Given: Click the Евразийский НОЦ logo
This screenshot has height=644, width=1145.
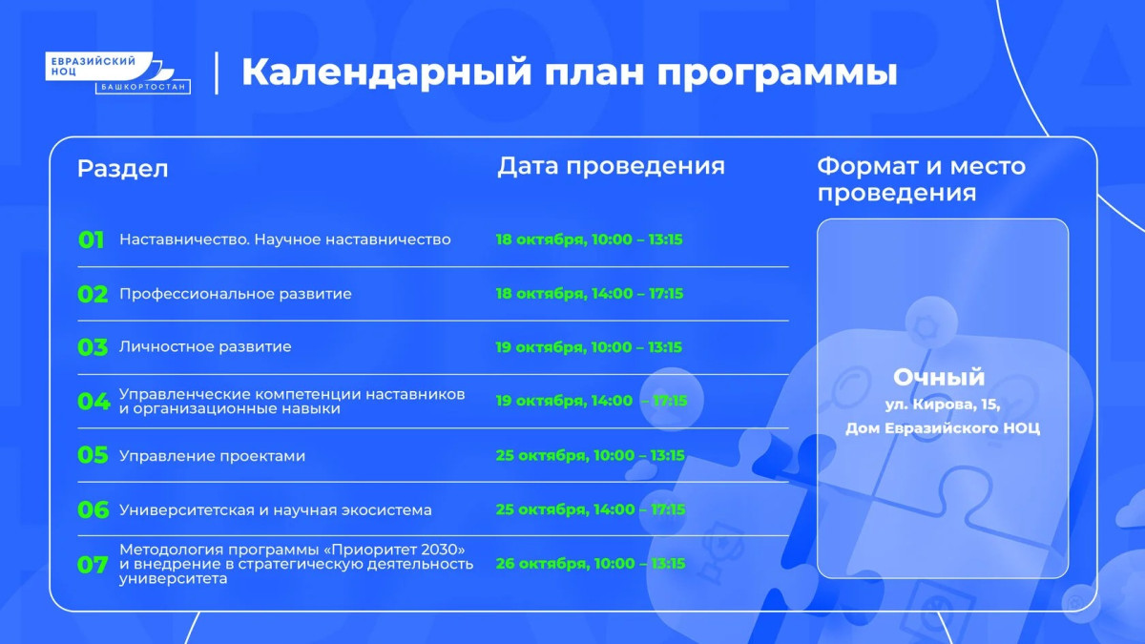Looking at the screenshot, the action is point(117,73).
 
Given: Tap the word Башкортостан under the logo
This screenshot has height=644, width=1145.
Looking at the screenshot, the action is point(143,87).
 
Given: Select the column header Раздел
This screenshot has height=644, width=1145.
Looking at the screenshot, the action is point(123,169).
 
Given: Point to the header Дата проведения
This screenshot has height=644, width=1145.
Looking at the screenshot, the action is point(611,166).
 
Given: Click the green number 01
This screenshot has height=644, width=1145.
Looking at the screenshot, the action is point(91,239).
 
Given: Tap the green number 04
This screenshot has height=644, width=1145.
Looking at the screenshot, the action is point(94,402).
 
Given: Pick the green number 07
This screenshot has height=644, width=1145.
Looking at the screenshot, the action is point(93,565).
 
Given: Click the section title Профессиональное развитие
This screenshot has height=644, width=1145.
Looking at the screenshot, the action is point(236,294).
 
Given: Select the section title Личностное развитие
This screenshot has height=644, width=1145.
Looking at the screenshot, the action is point(205,346).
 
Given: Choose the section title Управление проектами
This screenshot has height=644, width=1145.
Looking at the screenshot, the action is point(212,456).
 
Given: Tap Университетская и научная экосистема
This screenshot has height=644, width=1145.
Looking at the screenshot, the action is point(276,509).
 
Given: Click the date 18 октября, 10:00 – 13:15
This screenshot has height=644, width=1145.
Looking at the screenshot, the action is point(590,239).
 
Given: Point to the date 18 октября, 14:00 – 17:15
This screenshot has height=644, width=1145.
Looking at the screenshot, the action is point(590,294).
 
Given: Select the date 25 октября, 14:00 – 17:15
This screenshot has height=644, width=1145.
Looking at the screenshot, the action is point(591,509).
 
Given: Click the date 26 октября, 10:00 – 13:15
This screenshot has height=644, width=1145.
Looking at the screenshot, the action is point(591,563).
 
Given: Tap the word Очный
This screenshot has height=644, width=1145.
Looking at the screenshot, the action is point(939,377).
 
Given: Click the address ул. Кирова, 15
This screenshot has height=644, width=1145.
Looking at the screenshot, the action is point(943,405).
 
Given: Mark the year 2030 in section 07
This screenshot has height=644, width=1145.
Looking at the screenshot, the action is point(439,550).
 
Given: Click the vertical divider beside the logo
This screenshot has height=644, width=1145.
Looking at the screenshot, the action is point(217,73).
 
